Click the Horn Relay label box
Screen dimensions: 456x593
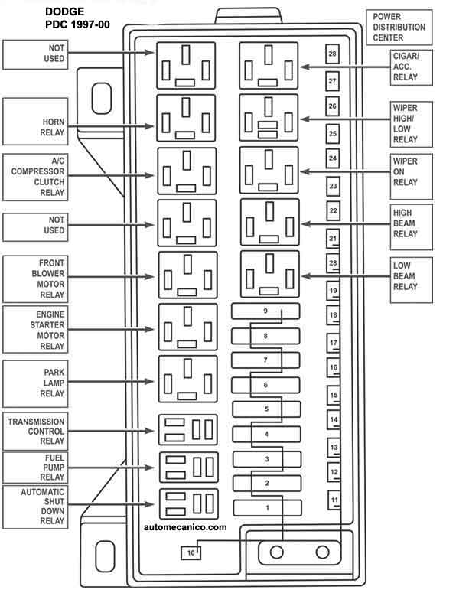(35, 122)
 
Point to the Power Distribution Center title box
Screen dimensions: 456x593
(399, 28)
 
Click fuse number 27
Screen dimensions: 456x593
(332, 81)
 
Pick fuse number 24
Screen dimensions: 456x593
(333, 158)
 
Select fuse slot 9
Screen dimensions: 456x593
(265, 311)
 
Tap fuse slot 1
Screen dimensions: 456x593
(267, 508)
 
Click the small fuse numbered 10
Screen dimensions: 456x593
(191, 553)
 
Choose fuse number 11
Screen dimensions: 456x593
(334, 500)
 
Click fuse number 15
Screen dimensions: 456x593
(334, 396)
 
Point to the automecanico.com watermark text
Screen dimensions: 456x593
(185, 527)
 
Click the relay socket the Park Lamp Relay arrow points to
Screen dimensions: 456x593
(188, 379)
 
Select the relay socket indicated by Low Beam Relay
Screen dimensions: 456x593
(270, 274)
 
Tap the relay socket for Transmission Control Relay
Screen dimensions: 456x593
(188, 430)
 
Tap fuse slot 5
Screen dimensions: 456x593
(266, 409)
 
